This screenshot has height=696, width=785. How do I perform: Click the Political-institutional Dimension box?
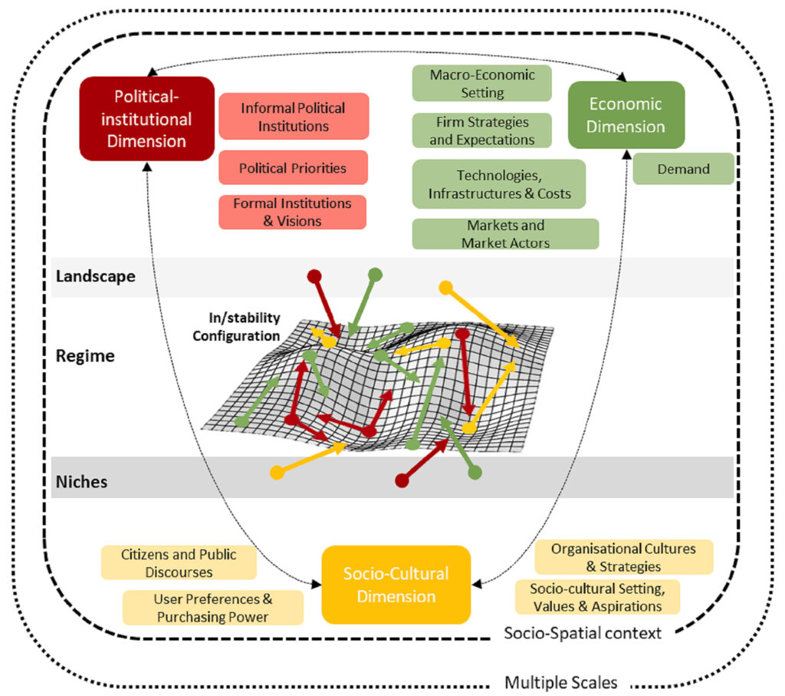coord(146,119)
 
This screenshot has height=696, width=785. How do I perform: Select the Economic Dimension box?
coord(626,115)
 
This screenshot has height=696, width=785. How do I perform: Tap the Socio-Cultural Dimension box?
coord(396,585)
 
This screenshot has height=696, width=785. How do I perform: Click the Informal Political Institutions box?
coord(294,116)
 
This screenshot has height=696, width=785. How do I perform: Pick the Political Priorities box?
coord(293,168)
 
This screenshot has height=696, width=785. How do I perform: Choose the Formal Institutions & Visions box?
coord(292,212)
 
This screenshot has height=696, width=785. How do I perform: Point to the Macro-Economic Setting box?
coord(482,83)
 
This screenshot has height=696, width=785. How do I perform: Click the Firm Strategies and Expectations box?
coord(482,130)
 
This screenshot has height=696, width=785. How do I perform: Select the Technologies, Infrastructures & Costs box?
coord(499,184)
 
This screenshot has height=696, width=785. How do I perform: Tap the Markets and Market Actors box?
coord(506,234)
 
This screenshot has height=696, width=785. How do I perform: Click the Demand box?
coord(683,169)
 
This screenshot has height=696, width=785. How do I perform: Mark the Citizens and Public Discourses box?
coord(179,562)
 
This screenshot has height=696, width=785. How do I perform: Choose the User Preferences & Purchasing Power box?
coord(213,608)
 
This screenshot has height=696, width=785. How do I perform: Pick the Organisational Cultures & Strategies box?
coord(624,557)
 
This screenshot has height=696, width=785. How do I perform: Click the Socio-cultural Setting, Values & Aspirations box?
coord(598,597)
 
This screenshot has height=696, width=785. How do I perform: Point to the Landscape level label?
coord(96,276)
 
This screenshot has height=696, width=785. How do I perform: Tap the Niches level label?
coord(81,482)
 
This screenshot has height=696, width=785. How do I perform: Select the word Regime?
coord(85,356)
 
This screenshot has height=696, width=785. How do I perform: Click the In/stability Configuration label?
coord(236,327)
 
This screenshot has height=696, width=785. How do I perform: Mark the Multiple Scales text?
coord(560,682)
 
